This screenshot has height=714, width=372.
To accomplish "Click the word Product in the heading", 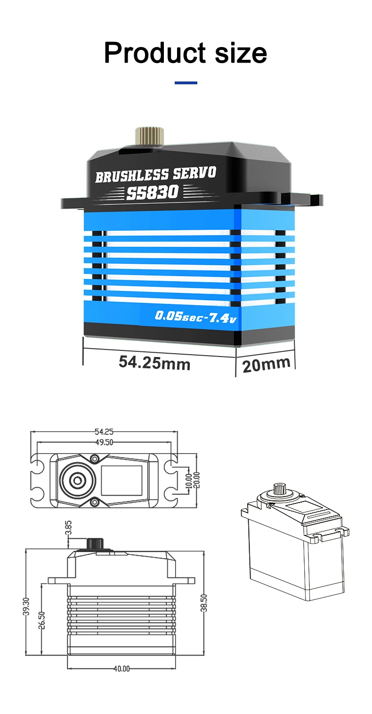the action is pyautogui.click(x=155, y=53).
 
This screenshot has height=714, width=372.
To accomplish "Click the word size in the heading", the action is pyautogui.click(x=241, y=53).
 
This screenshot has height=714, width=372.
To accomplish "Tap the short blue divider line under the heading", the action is pyautogui.click(x=186, y=83).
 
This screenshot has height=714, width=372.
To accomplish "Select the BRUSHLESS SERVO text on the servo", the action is pyautogui.click(x=156, y=174).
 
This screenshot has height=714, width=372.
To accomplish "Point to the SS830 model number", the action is pyautogui.click(x=153, y=192).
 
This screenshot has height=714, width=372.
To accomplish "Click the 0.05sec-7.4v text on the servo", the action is pyautogui.click(x=196, y=316).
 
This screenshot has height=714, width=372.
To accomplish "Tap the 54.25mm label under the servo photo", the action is pyautogui.click(x=154, y=363).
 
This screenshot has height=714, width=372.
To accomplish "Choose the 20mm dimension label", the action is pyautogui.click(x=267, y=365).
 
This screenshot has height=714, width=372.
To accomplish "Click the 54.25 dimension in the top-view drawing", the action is pyautogui.click(x=104, y=432).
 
